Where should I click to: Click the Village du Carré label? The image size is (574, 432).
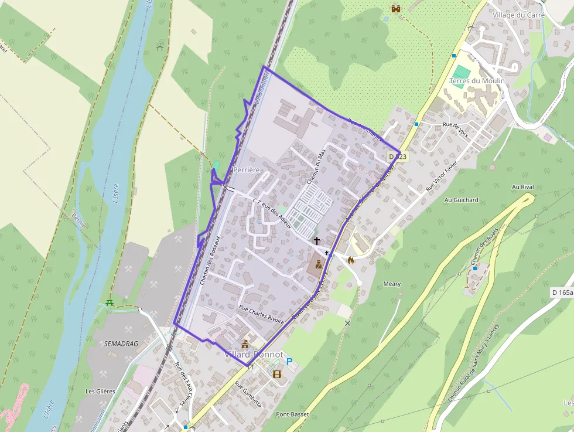pyautogui.click(x=519, y=15)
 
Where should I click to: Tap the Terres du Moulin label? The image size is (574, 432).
pyautogui.click(x=477, y=81)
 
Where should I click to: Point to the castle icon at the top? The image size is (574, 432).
pyautogui.click(x=395, y=8)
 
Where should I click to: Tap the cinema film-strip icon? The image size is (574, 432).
pyautogui.click(x=276, y=373)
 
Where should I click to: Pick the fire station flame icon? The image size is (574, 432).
pyautogui.click(x=351, y=260)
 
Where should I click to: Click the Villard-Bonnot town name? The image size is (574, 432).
pyautogui.click(x=254, y=355)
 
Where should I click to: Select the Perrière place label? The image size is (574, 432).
pyautogui.click(x=246, y=169)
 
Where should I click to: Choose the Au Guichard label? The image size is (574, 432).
pyautogui.click(x=462, y=200)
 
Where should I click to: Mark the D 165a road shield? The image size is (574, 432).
pyautogui.click(x=562, y=292)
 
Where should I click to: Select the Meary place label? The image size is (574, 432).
pyautogui.click(x=392, y=284)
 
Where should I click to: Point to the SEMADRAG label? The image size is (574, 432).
pyautogui.click(x=121, y=343)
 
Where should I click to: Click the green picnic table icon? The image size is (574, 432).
pyautogui.click(x=109, y=302)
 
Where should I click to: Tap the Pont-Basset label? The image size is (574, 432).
pyautogui.click(x=292, y=414)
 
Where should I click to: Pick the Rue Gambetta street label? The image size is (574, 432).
pyautogui.click(x=248, y=396)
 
